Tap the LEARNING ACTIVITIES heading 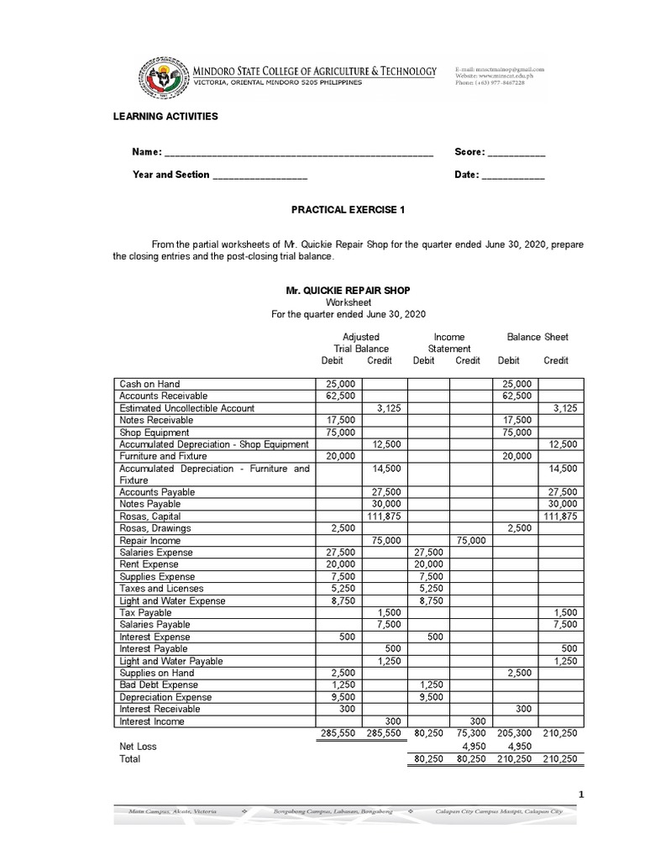point(165,116)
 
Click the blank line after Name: point(299,153)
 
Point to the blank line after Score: point(517,153)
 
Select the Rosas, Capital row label point(150,517)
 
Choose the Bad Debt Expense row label point(159,685)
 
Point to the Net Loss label point(138,746)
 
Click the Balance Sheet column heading point(537,338)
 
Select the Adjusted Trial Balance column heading point(361,343)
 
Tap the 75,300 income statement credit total point(468,733)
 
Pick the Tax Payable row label point(145,613)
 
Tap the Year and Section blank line point(260,176)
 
